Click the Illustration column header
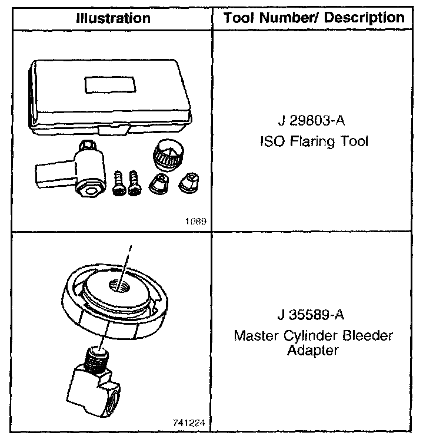tap(112, 18)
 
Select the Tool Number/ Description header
tap(314, 18)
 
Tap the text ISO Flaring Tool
tap(313, 142)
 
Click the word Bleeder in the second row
tap(369, 336)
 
